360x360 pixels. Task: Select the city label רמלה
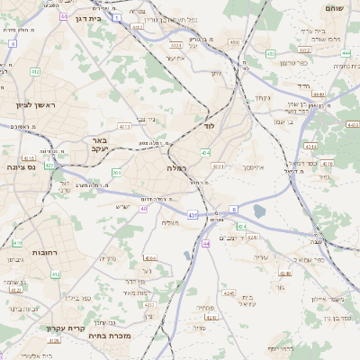point(175,168)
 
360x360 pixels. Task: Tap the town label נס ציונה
point(20,166)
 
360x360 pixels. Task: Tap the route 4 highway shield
point(13,42)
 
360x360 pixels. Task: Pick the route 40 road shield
point(145,208)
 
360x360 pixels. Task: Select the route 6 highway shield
point(234,209)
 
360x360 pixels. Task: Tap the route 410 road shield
point(17,243)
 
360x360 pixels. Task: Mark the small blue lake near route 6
point(260,211)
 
